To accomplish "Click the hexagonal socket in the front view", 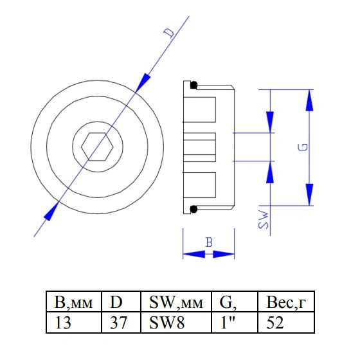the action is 97,147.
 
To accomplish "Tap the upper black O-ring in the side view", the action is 194,85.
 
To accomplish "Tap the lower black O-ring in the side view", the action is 194,209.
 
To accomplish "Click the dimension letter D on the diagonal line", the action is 170,33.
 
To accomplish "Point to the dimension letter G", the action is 303,147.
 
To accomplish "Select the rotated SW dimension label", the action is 263,219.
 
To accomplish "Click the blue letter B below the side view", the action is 209,242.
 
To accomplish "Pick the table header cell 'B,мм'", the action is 74,301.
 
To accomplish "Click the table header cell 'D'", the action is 121,301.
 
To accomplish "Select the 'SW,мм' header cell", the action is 176,301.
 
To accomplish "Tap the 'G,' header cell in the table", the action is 235,301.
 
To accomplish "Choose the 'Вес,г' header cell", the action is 286,301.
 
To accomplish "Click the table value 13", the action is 63,323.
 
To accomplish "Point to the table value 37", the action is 118,323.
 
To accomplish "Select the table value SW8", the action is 167,323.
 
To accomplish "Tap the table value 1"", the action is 228,323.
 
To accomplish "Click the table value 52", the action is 275,323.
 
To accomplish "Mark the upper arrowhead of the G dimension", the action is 309,100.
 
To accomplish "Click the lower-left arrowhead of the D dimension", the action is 51,212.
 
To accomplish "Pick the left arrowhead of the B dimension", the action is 194,254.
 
